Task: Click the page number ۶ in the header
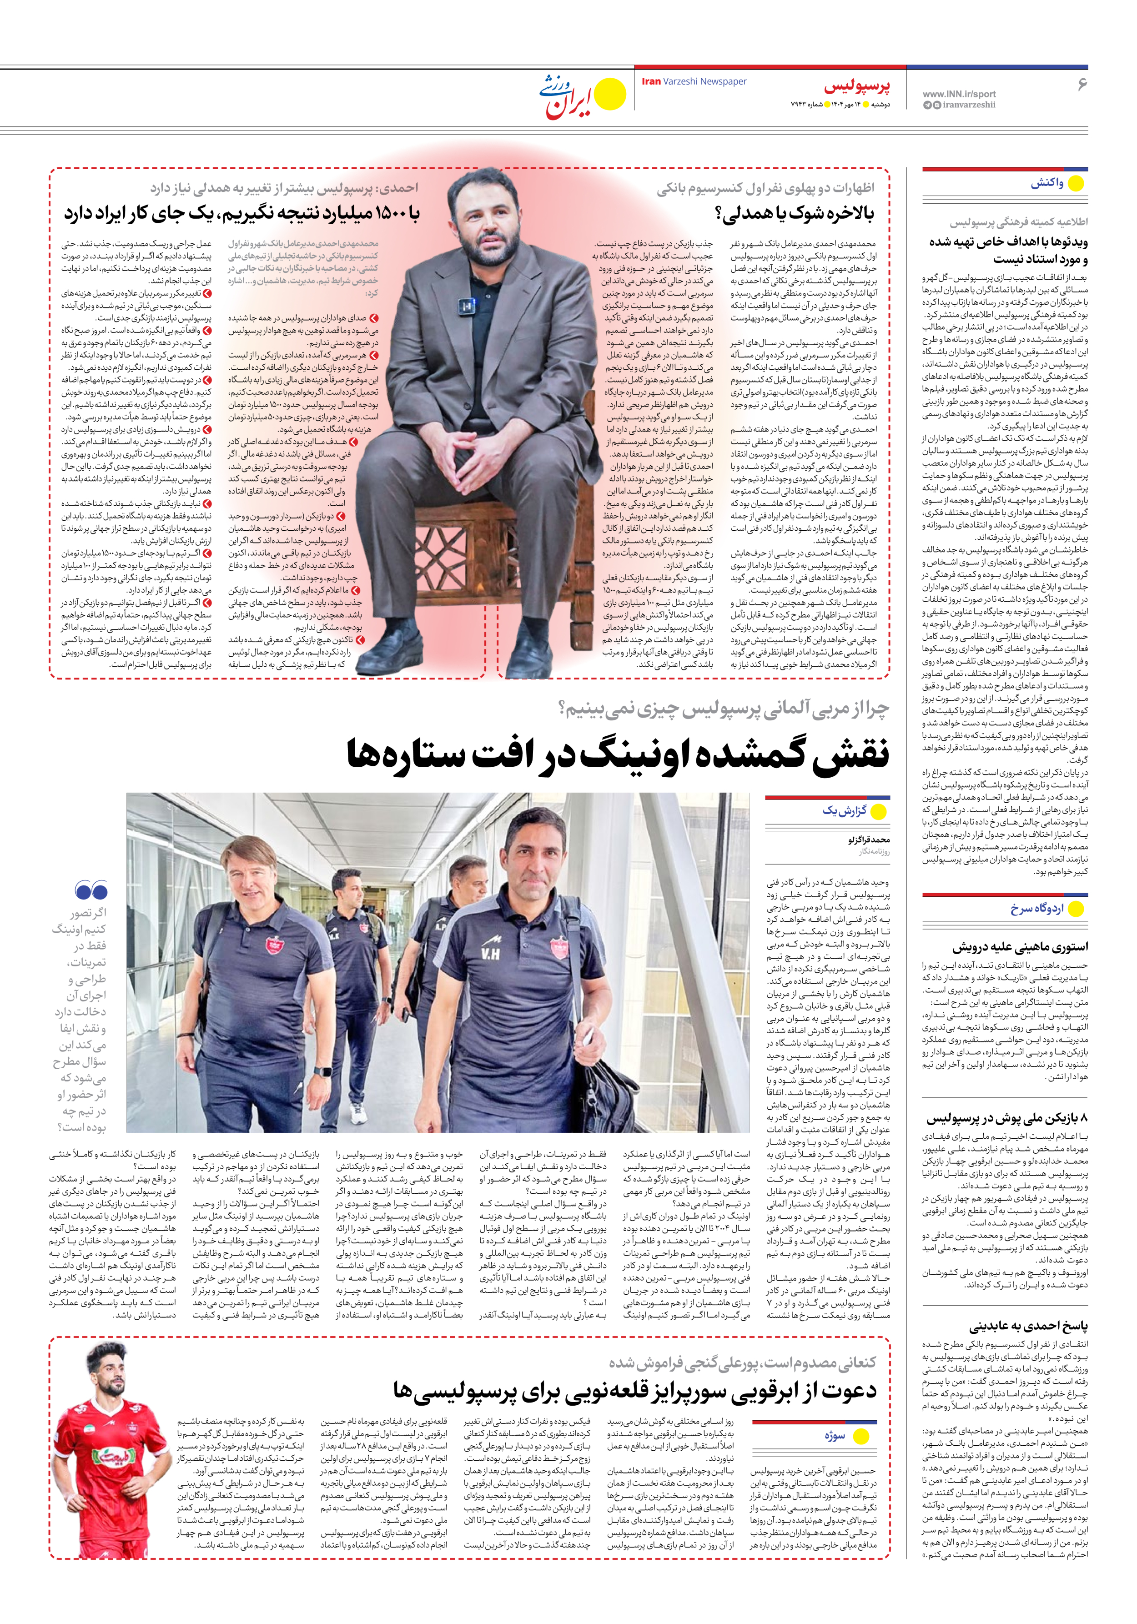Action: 1081,84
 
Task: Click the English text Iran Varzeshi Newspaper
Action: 694,81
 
